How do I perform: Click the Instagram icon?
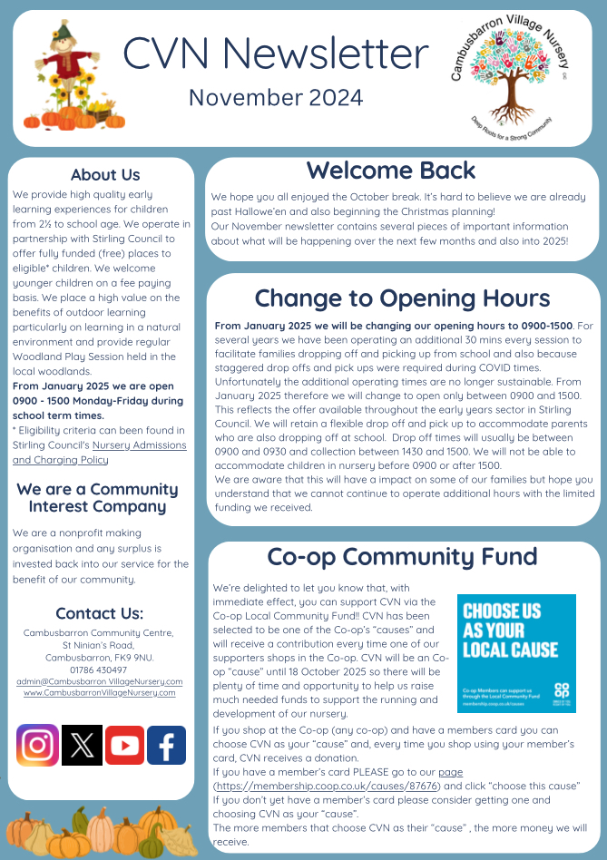click(37, 745)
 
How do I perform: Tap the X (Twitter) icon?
click(82, 745)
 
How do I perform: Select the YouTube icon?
click(123, 745)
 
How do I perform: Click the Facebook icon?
click(166, 745)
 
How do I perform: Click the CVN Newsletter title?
click(275, 54)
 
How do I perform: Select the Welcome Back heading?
click(390, 171)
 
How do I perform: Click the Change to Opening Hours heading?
click(403, 298)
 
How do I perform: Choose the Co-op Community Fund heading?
click(403, 556)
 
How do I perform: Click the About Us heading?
click(105, 175)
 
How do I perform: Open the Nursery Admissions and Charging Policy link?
click(100, 452)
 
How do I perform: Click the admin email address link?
click(100, 681)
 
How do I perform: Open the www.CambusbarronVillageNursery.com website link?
click(100, 692)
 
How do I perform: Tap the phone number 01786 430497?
click(100, 669)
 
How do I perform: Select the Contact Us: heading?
click(100, 613)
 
